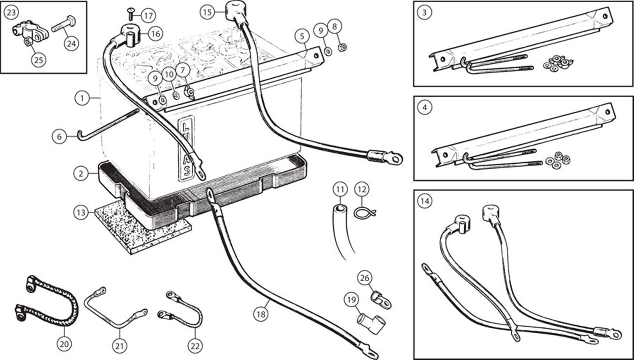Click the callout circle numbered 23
tap(11, 12)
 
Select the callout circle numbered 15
tap(207, 12)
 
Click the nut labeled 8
tap(343, 48)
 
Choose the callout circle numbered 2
tap(81, 173)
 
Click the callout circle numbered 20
tap(64, 344)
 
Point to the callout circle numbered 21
tap(120, 345)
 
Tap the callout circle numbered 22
tap(195, 345)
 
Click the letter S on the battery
tap(187, 171)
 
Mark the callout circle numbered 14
tap(425, 201)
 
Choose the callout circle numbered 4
tap(425, 108)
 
